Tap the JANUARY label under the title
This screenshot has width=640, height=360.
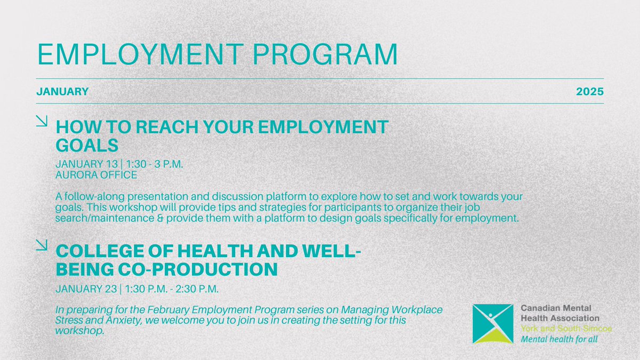62,92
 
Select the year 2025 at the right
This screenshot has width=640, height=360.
590,92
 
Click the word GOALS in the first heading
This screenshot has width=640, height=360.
86,146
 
